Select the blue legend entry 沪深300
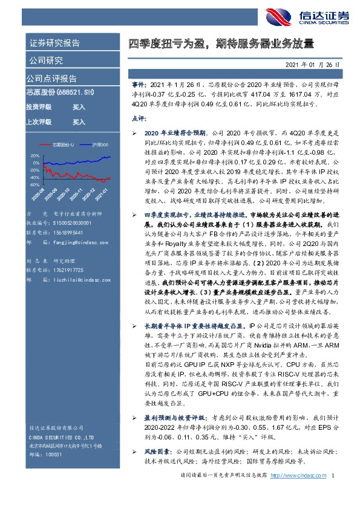click(100, 145)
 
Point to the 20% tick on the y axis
click(34, 155)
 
